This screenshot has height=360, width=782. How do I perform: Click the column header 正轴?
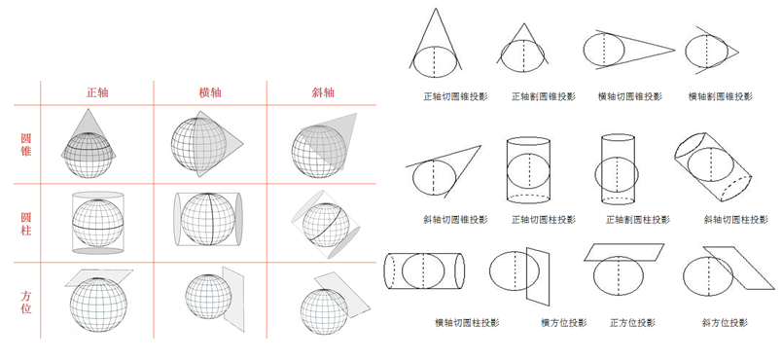coord(97,92)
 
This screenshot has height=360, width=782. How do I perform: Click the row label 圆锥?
coord(26,145)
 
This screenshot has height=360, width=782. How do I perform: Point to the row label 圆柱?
coord(26,223)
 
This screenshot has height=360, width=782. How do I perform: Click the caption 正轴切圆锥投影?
coord(455,96)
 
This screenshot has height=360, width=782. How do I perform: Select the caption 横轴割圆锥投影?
coord(720,96)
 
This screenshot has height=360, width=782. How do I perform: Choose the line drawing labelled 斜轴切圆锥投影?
coord(444,170)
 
